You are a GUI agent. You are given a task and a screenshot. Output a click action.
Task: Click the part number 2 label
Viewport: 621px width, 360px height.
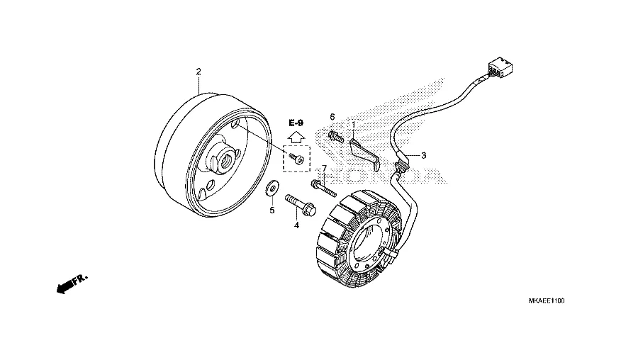click(x=198, y=72)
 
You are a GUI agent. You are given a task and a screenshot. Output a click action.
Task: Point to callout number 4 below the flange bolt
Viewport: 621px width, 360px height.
click(x=297, y=225)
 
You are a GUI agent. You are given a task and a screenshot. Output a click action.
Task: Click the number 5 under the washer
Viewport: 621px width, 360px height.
click(x=271, y=210)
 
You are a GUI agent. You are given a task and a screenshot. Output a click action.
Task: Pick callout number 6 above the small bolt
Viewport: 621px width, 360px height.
click(x=332, y=117)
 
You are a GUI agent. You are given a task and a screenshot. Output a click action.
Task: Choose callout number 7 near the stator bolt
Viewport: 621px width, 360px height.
click(x=324, y=169)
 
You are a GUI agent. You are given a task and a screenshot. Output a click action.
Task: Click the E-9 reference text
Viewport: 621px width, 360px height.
click(x=296, y=123)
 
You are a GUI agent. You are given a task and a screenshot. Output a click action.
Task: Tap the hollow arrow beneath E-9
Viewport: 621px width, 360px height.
click(x=296, y=136)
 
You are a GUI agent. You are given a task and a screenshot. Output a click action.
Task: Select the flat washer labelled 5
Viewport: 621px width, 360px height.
click(x=272, y=190)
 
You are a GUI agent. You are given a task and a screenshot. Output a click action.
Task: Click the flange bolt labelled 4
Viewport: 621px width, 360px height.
click(x=299, y=203)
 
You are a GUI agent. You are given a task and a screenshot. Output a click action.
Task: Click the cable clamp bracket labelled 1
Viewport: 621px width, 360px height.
click(x=368, y=152)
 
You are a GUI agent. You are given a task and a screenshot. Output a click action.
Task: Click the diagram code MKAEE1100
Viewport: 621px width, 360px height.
click(x=547, y=301)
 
